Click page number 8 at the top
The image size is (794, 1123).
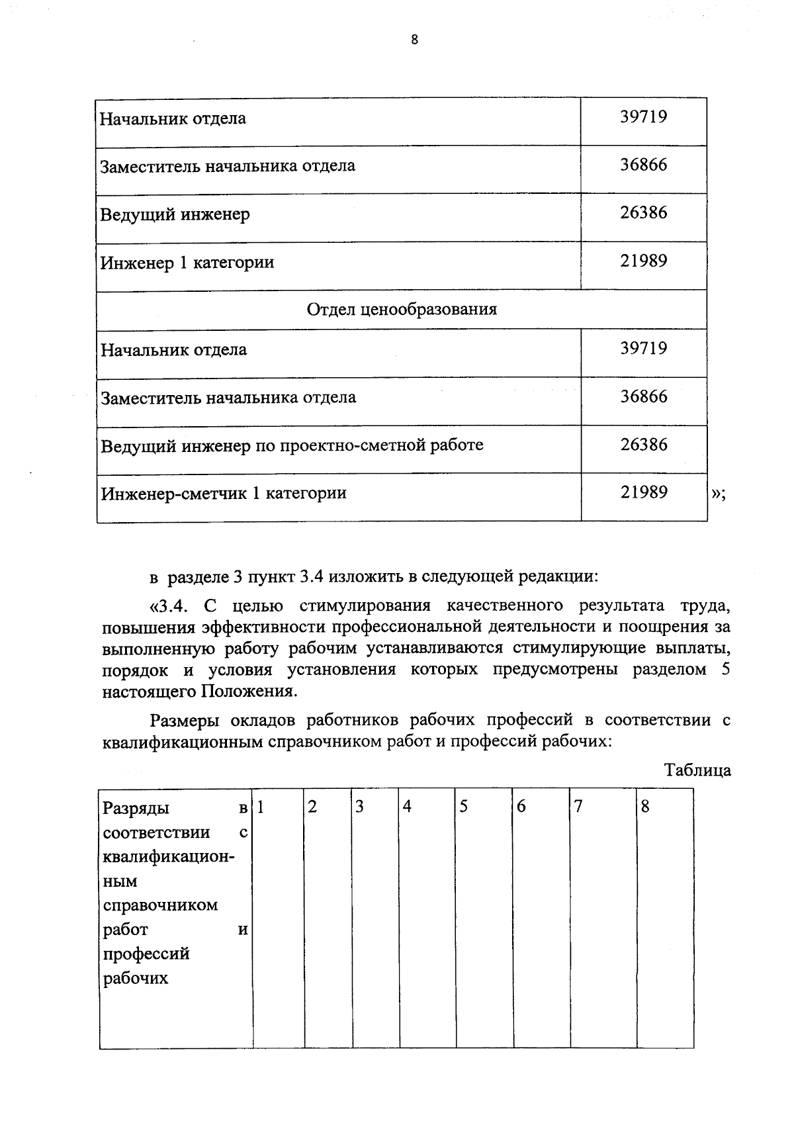click(415, 40)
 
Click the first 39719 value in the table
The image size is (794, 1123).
click(643, 117)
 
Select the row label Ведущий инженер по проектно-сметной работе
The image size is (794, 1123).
click(292, 445)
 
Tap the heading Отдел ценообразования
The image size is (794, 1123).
click(402, 309)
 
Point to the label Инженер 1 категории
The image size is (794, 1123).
click(187, 263)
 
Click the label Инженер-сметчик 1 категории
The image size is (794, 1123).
click(224, 493)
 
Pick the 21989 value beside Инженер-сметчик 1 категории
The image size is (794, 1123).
click(643, 492)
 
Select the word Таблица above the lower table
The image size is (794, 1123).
click(697, 770)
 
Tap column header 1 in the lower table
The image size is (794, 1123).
click(261, 807)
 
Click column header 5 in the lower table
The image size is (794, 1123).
click(464, 807)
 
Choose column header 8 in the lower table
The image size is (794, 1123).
click(646, 807)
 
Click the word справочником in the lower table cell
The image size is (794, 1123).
click(161, 905)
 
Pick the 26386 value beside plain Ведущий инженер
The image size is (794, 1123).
click(643, 212)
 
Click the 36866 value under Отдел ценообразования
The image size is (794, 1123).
click(643, 396)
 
